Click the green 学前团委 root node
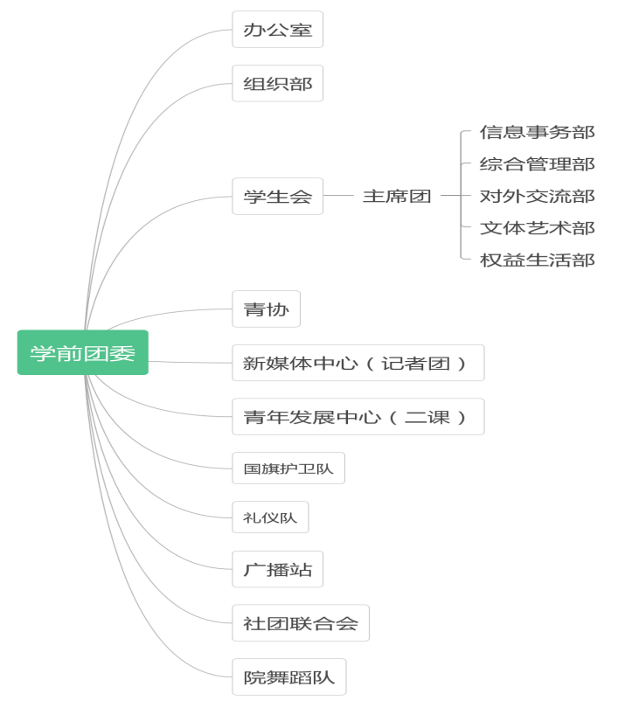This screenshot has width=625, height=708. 83,353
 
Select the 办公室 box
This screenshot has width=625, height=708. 277,30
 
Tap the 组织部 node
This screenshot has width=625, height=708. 277,84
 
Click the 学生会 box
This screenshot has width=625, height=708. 277,197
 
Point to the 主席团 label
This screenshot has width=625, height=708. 397,197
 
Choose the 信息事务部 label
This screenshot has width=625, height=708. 537,133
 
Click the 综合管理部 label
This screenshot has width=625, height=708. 537,164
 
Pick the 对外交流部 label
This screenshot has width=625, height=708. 537,197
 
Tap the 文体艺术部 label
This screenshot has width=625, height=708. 537,228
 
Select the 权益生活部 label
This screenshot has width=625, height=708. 537,260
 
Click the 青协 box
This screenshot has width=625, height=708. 266,309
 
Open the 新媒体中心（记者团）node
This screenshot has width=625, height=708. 358,363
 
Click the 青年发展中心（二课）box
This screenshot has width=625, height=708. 358,417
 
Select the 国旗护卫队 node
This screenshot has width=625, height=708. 288,469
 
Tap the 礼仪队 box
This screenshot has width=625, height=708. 270,517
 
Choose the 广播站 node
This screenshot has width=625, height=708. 277,570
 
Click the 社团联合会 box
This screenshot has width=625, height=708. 301,623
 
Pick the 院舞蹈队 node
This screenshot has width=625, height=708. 288,677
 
